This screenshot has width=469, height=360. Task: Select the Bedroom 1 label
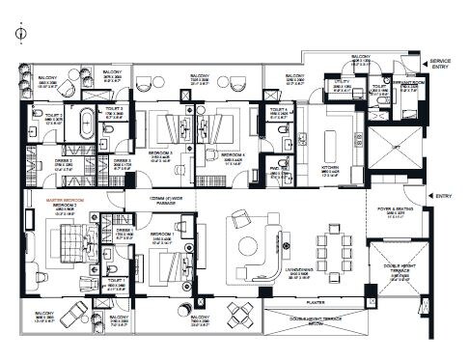coord(161,233)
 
